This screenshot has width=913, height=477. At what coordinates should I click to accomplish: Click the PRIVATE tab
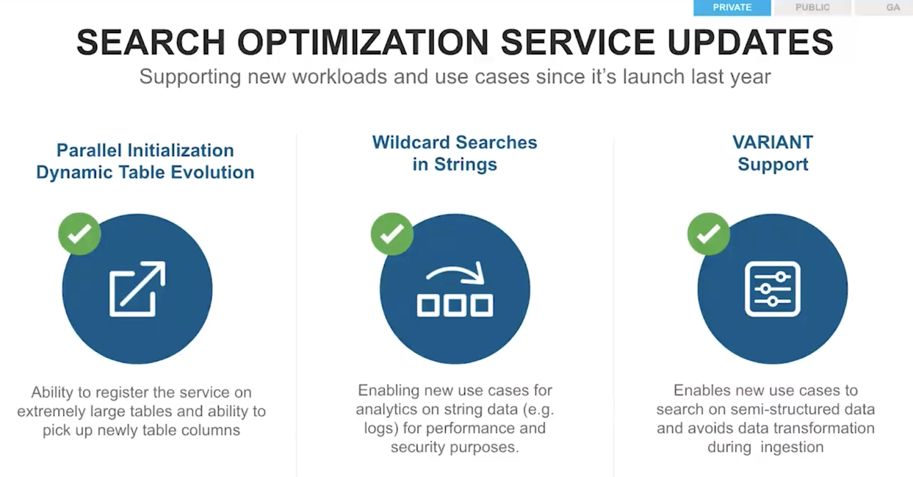tap(732, 8)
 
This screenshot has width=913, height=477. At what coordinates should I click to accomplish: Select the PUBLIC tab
tap(813, 8)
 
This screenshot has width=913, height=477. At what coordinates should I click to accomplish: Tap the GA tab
tap(892, 8)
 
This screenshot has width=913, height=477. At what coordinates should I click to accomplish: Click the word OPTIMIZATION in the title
tap(363, 42)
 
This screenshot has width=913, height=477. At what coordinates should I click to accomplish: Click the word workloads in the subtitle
tap(340, 76)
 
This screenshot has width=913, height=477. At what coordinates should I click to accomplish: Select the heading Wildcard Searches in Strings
tap(454, 153)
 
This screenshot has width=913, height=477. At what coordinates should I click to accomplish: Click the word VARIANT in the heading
tap(773, 142)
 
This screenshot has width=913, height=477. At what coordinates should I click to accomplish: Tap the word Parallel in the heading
tap(89, 150)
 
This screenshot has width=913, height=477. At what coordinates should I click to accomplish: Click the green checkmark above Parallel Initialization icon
tap(79, 234)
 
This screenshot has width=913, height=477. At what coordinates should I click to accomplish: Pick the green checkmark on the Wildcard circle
tap(392, 234)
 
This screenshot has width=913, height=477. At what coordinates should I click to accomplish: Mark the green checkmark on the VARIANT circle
tap(709, 234)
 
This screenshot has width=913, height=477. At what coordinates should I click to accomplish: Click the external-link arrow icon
tap(138, 289)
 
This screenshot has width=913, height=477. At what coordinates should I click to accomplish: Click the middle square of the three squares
tap(455, 305)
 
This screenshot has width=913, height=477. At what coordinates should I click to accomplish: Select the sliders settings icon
tap(773, 289)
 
